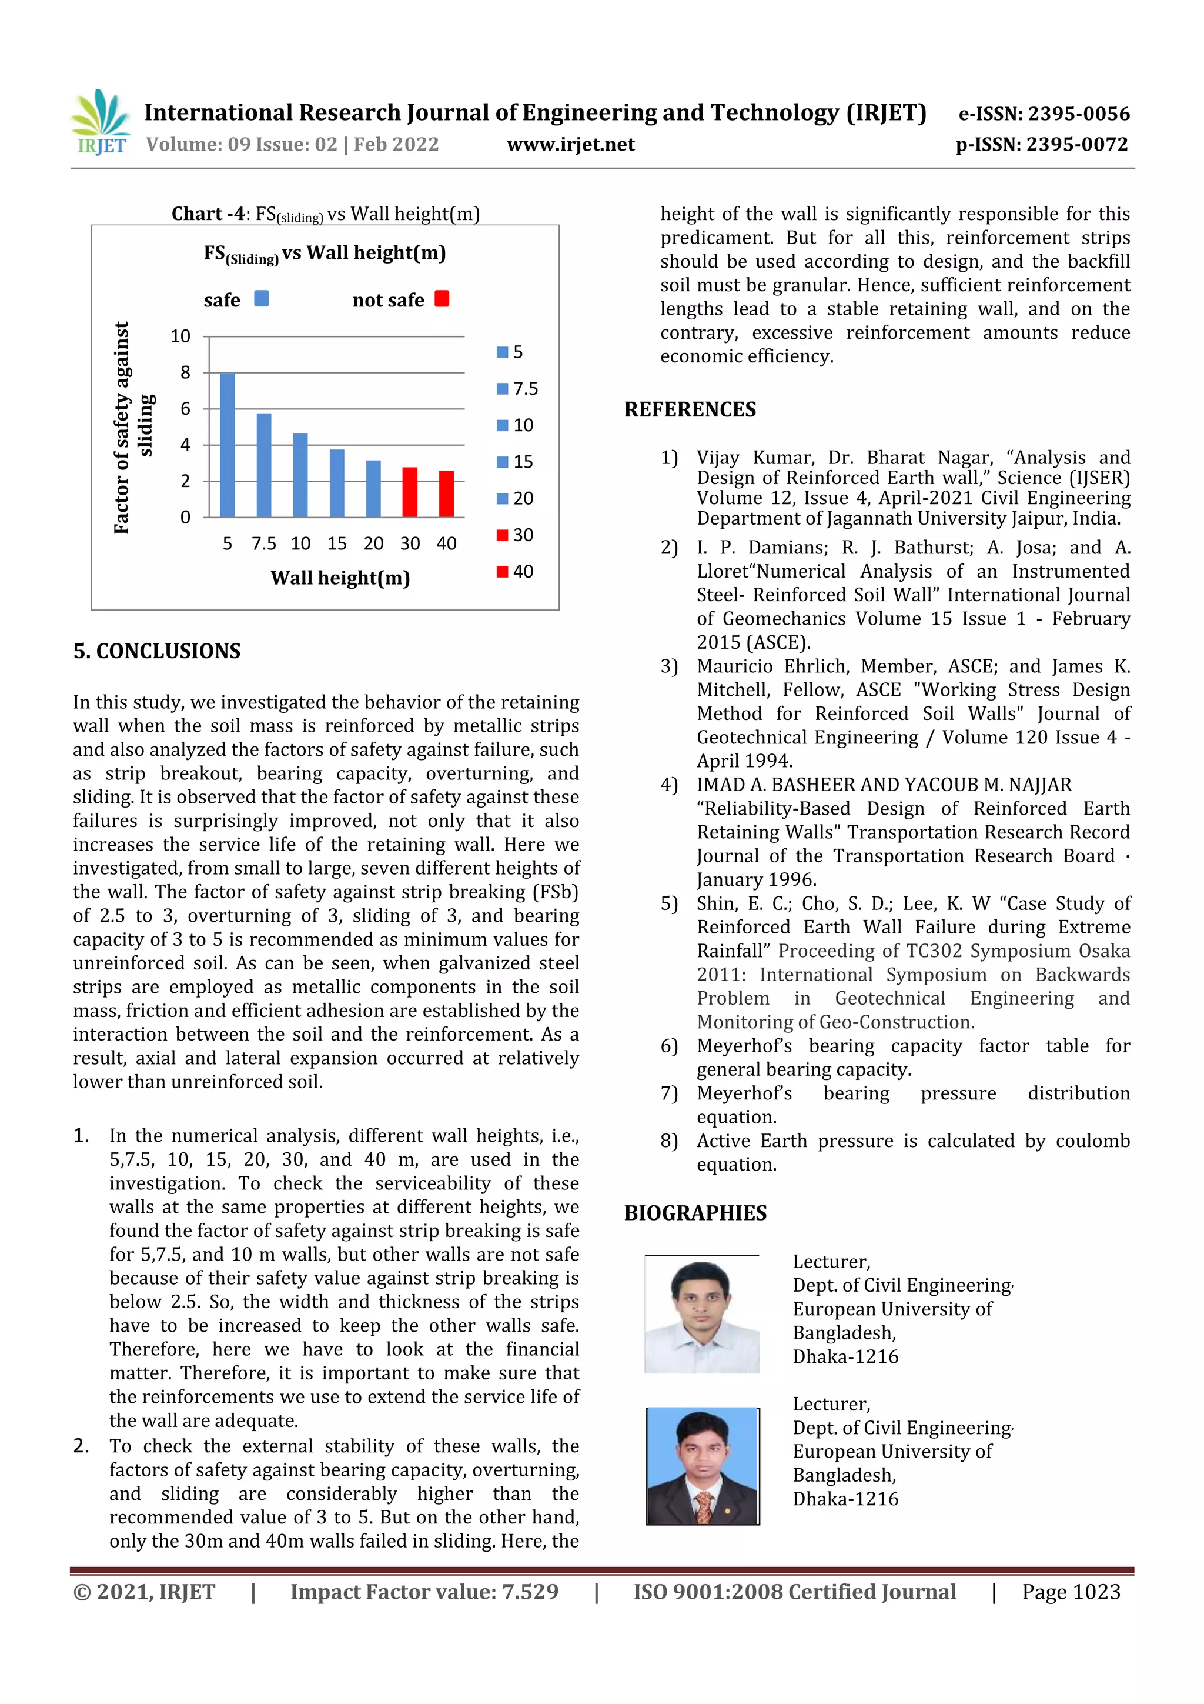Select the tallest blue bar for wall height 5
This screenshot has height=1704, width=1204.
tap(228, 445)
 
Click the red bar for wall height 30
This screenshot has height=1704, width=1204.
tap(410, 492)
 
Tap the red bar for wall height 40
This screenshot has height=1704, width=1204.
tap(446, 493)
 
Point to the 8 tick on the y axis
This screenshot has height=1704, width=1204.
tap(185, 372)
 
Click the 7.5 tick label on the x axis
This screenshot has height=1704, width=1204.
tap(263, 544)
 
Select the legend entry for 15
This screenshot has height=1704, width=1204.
tap(515, 462)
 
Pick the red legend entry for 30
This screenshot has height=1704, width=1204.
tap(515, 535)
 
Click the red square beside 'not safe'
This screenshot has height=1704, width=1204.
tap(442, 298)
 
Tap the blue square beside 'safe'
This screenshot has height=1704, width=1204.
tap(261, 298)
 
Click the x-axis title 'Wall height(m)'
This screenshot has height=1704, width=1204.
tap(340, 578)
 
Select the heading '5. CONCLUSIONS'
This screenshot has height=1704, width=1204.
tap(158, 651)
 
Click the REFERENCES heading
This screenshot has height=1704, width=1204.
tap(690, 409)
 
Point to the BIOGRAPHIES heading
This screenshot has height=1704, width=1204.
tap(695, 1213)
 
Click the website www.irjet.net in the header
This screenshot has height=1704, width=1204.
tap(570, 144)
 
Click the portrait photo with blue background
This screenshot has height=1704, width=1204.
tap(702, 1466)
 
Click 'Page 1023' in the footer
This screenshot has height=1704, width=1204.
tap(1071, 1592)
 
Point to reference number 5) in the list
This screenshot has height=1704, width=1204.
tap(669, 903)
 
